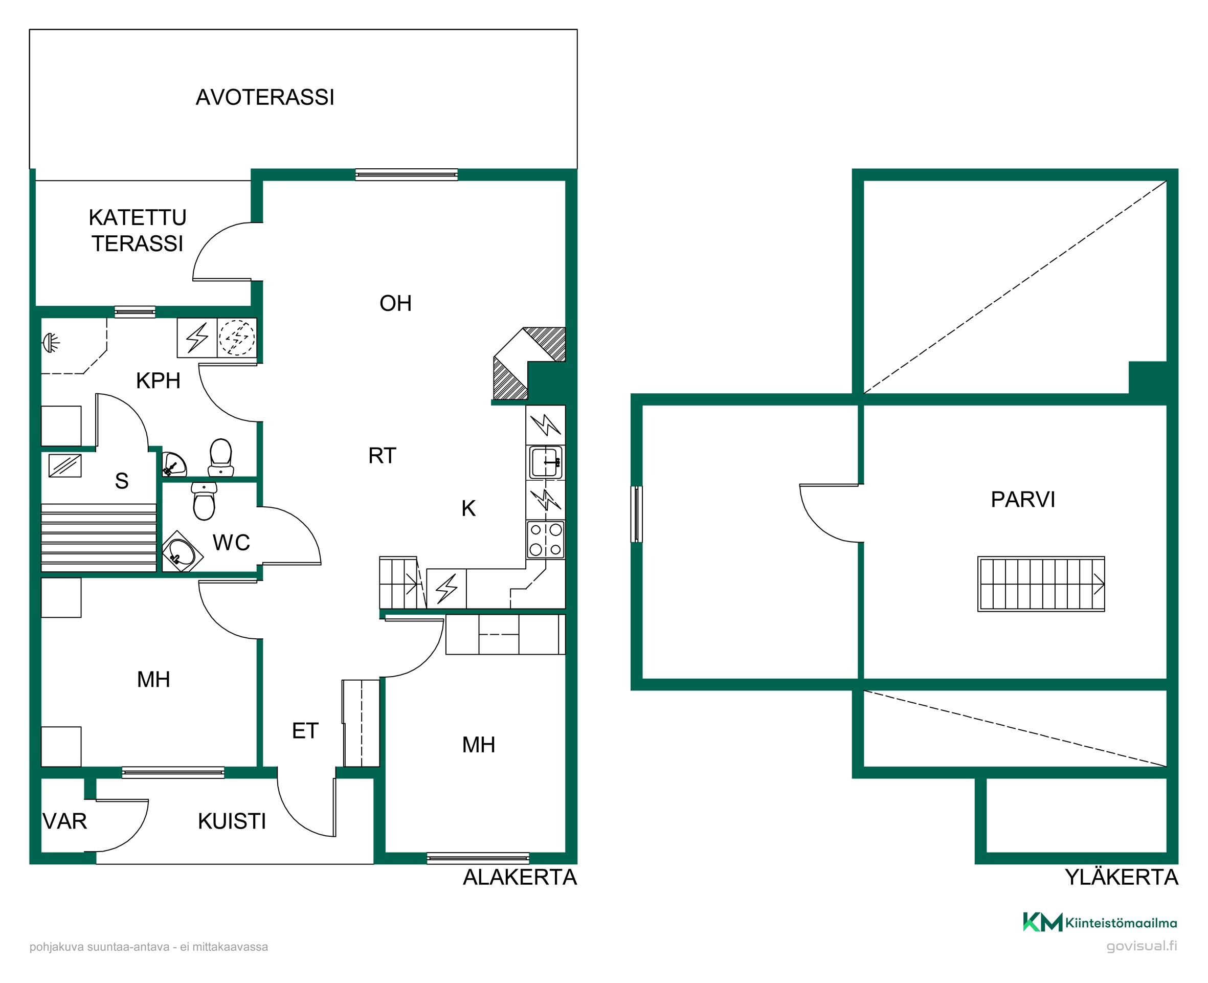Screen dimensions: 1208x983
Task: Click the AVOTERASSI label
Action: tap(265, 97)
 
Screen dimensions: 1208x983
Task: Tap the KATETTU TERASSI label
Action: tap(138, 231)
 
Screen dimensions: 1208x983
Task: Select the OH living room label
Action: tap(396, 303)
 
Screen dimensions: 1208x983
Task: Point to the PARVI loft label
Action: tap(1023, 499)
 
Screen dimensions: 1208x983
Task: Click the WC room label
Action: tap(232, 543)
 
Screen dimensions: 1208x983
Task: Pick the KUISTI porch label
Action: tap(232, 821)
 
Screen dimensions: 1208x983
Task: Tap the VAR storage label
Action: tap(65, 821)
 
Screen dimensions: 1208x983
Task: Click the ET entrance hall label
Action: tap(305, 730)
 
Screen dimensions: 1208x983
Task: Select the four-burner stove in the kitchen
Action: tap(546, 540)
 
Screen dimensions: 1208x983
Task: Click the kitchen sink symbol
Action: tap(546, 462)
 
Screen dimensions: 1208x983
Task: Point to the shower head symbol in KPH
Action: tap(51, 343)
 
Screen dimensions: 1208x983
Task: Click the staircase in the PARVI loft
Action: tap(1041, 584)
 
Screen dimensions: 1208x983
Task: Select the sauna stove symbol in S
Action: tap(65, 465)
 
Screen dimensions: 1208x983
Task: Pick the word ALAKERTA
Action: tap(520, 877)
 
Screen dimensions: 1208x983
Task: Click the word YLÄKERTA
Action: tap(1122, 877)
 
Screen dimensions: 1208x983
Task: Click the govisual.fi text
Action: tap(1142, 946)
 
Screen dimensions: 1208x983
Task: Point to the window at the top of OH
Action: tap(407, 174)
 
